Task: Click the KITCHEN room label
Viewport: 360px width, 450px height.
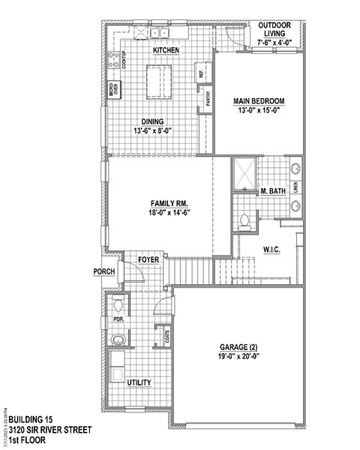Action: (166, 49)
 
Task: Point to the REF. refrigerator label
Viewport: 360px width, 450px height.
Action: (201, 73)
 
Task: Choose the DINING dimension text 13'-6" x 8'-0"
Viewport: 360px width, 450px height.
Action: (155, 130)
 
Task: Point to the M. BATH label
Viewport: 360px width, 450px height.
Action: (273, 192)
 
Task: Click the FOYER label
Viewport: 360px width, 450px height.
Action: (148, 259)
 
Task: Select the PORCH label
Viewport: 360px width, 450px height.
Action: (103, 271)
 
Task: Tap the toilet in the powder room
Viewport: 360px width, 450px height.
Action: (119, 305)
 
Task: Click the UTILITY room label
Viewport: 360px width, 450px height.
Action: (139, 382)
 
